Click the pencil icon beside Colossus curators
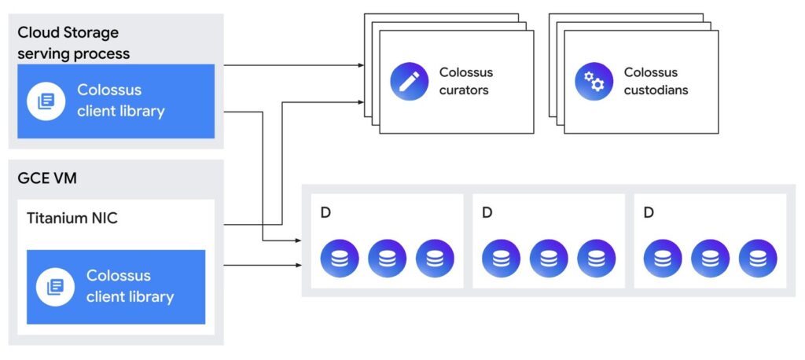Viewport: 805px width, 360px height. pos(409,81)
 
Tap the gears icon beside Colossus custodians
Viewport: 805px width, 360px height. pos(594,81)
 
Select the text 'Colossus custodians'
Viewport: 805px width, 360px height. pos(656,81)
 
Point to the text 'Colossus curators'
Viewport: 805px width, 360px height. pos(465,81)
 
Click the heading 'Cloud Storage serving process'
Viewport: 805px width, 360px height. pos(73,43)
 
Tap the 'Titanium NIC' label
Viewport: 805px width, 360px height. pos(72,218)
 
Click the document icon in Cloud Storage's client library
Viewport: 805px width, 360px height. pos(46,101)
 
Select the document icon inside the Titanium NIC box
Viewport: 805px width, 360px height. pos(55,287)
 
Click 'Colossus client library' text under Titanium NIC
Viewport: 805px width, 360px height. pos(130,287)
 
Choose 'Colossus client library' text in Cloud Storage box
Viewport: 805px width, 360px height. pos(120,101)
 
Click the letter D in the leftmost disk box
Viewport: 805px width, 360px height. pos(325,213)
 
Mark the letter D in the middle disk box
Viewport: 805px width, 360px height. pos(487,213)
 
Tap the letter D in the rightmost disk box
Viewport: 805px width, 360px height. pos(648,213)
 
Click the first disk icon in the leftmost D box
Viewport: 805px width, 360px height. pos(340,259)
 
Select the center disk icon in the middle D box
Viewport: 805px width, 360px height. pos(549,259)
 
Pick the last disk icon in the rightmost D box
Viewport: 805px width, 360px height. pos(758,259)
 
